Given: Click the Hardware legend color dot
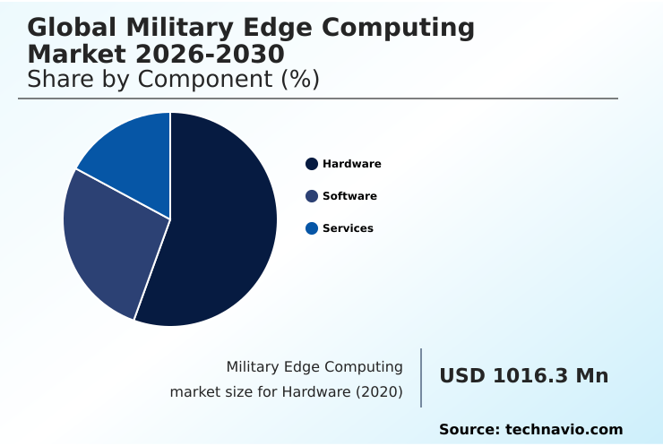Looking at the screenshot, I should tap(312, 164).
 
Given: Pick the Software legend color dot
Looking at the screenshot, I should tap(312, 196).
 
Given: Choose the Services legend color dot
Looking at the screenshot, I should tap(312, 228).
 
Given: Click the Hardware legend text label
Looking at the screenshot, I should tap(351, 164).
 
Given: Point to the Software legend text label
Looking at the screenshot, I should tap(349, 196).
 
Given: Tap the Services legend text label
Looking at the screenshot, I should tap(348, 228).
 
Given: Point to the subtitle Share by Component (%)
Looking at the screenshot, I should tap(173, 79).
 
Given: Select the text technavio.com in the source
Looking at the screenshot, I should tap(564, 430).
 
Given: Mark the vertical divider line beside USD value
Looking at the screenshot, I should tap(421, 378).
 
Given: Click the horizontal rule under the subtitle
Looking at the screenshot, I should tap(318, 99).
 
